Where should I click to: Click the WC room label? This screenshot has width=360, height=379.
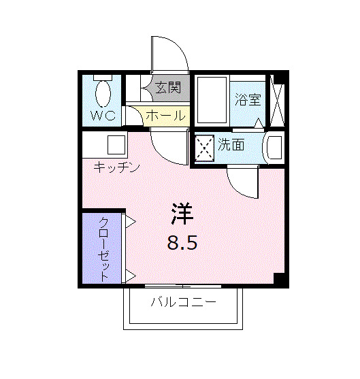click(103, 116)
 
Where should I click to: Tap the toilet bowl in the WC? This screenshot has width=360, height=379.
click(103, 93)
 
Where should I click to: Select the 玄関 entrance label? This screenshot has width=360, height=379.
click(167, 87)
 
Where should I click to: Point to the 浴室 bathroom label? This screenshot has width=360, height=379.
click(248, 100)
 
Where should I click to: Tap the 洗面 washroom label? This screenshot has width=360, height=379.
click(231, 144)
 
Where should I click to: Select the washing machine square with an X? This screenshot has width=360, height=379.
click(205, 147)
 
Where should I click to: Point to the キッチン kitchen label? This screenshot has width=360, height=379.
click(116, 167)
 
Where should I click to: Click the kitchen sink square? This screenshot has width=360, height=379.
click(115, 146)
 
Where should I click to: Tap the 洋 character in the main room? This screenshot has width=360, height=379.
click(182, 214)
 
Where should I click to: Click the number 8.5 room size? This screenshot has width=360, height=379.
click(182, 242)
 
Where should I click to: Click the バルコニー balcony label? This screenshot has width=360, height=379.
click(183, 301)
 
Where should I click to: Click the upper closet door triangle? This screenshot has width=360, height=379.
click(129, 221)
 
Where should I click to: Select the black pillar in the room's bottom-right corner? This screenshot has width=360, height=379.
click(278, 278)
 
